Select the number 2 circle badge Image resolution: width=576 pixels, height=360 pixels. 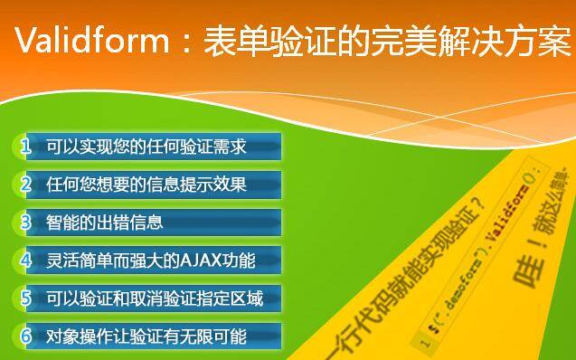[x=26, y=185]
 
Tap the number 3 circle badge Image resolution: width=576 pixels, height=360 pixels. [x=26, y=223]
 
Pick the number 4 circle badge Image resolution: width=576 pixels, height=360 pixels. [x=26, y=261]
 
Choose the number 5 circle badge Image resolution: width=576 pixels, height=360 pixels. [x=26, y=298]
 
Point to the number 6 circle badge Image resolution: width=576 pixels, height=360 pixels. [x=26, y=336]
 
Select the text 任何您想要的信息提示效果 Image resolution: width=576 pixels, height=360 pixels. [x=146, y=185]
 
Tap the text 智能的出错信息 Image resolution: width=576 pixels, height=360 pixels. [x=105, y=223]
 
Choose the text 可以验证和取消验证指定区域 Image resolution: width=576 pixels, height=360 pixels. [x=155, y=298]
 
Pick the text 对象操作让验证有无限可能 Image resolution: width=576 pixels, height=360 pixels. [x=146, y=336]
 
